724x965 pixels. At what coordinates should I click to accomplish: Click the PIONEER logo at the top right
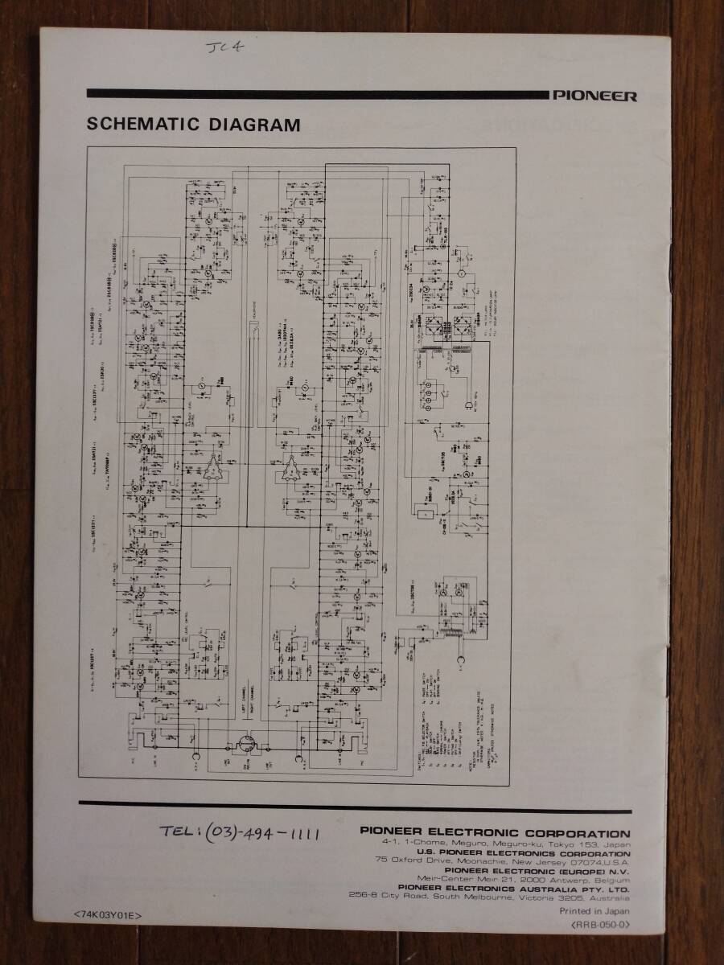[594, 96]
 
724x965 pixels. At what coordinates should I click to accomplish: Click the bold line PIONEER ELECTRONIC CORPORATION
[495, 834]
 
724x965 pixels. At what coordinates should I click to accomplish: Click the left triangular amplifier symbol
[213, 469]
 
